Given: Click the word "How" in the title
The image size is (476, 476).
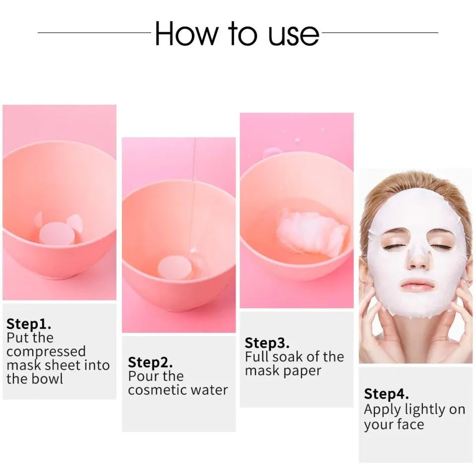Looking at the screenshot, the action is (x=186, y=33).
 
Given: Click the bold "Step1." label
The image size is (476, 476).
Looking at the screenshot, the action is (x=29, y=324).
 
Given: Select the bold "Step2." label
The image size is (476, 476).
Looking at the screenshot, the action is (x=150, y=362).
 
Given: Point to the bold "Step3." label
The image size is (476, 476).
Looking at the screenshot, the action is (x=267, y=343).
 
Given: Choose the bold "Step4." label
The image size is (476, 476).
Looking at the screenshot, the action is (x=386, y=394).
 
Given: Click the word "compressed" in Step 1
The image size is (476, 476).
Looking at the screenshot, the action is (x=46, y=352).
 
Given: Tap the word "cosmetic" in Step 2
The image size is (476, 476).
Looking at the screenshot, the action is (x=154, y=390).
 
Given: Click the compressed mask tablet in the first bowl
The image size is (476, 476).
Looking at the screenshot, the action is (x=57, y=233).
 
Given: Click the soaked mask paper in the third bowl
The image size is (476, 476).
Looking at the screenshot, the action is (x=311, y=233).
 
